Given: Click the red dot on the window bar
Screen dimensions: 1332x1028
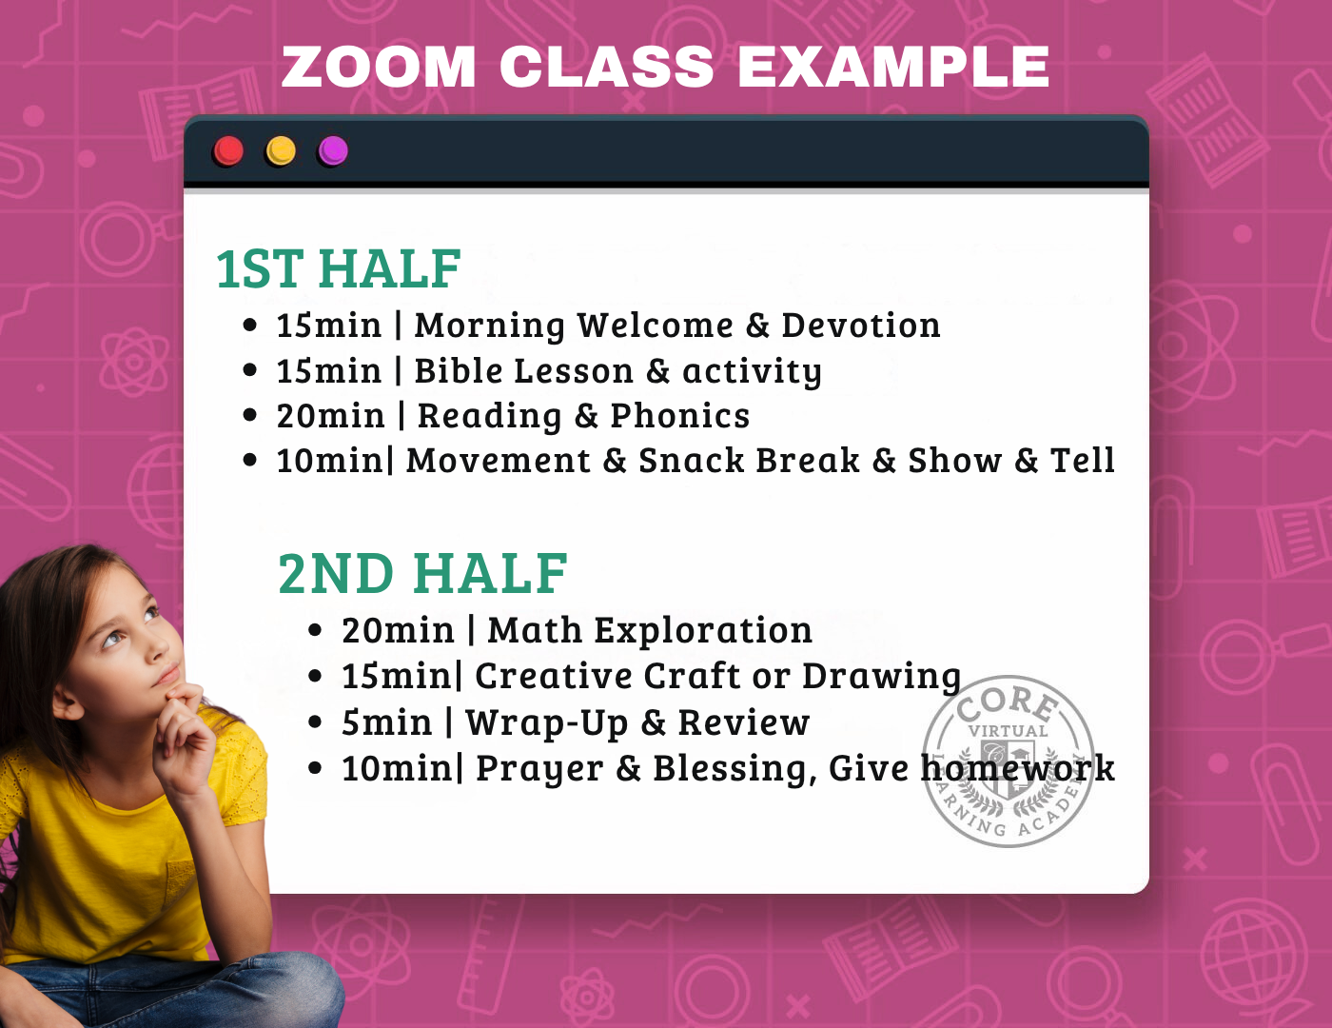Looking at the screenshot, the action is click(228, 150).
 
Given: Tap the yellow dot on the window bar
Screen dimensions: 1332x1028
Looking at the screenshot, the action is click(281, 150).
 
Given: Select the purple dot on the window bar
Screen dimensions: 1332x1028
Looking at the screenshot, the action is click(333, 150).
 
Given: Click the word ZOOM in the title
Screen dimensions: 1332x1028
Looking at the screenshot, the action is click(379, 67).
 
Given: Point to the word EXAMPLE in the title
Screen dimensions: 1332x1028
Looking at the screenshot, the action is click(893, 67).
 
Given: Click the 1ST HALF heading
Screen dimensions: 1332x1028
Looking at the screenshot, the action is click(339, 268).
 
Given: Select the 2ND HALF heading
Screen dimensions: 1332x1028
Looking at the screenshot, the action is click(423, 573).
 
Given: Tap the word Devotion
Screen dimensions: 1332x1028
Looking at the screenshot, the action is click(861, 325).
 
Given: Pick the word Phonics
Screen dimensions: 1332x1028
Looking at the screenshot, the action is click(679, 416).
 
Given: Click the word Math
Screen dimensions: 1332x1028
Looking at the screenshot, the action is click(535, 630).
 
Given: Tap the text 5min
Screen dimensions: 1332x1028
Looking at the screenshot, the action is click(387, 722).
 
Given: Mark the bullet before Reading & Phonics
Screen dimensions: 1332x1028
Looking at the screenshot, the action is click(249, 415).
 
